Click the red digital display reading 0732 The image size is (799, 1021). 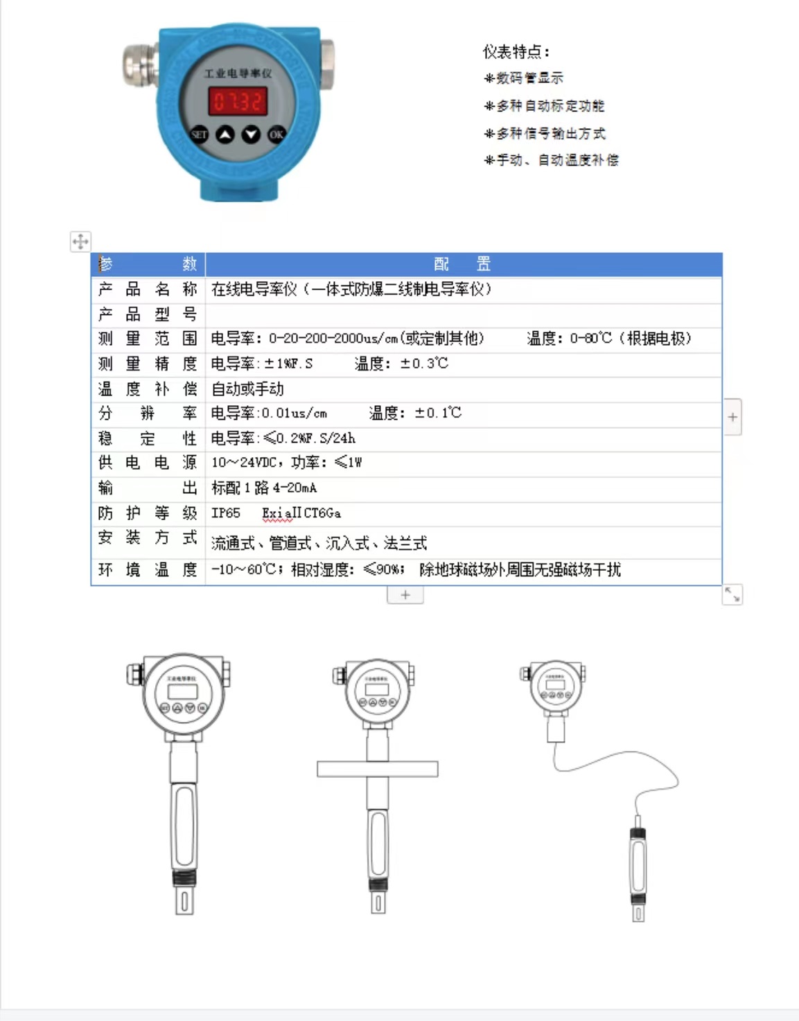tap(238, 102)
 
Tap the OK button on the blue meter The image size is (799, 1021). tap(276, 134)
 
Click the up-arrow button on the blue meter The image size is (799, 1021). tap(225, 134)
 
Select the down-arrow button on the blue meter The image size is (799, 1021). tap(251, 134)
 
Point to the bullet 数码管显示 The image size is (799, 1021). tap(525, 78)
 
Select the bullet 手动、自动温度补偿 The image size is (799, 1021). tap(552, 160)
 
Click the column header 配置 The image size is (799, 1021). tap(462, 264)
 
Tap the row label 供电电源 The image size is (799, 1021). tap(148, 463)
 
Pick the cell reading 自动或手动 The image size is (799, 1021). tap(247, 389)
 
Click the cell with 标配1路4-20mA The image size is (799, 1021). tap(264, 488)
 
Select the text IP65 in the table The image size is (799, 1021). tap(226, 513)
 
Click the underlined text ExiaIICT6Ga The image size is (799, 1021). tap(301, 513)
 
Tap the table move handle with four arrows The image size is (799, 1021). tap(80, 242)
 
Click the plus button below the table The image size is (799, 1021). tap(405, 595)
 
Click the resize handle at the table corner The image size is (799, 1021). tap(732, 594)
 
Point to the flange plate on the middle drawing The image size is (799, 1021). tap(378, 768)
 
